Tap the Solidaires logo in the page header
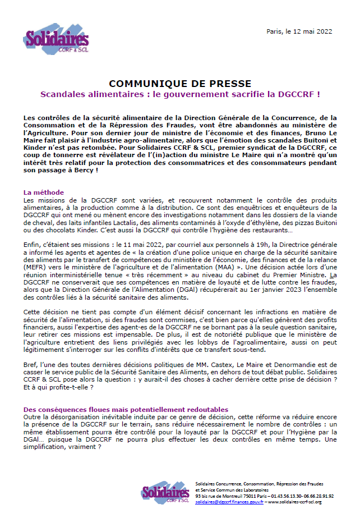[56, 40]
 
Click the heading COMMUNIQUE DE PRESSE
[180, 84]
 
